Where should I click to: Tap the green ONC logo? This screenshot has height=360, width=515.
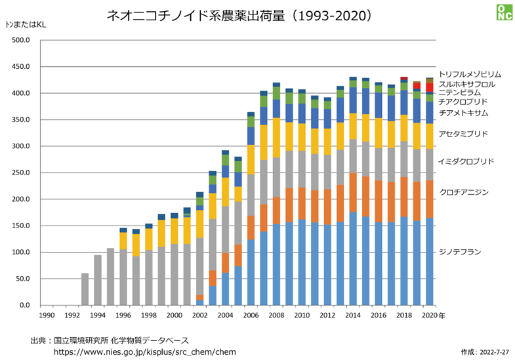coord(503,12)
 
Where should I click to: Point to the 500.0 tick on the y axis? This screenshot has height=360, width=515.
coord(22,41)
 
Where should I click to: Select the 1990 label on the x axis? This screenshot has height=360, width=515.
coord(46,315)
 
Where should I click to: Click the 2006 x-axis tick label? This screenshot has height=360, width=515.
coord(250,315)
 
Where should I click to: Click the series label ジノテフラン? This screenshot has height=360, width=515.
coord(460,252)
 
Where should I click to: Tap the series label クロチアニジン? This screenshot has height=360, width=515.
coord(463,191)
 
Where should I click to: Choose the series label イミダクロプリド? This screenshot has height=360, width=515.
coord(466,161)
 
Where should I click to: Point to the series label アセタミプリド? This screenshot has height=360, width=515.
coord(463,134)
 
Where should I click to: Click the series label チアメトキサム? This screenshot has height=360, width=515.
coord(463,113)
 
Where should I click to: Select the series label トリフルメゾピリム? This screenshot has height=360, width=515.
coord(470,75)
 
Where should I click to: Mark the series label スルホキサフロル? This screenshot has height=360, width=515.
coord(466,84)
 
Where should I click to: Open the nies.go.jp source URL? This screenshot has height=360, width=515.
coord(144,352)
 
